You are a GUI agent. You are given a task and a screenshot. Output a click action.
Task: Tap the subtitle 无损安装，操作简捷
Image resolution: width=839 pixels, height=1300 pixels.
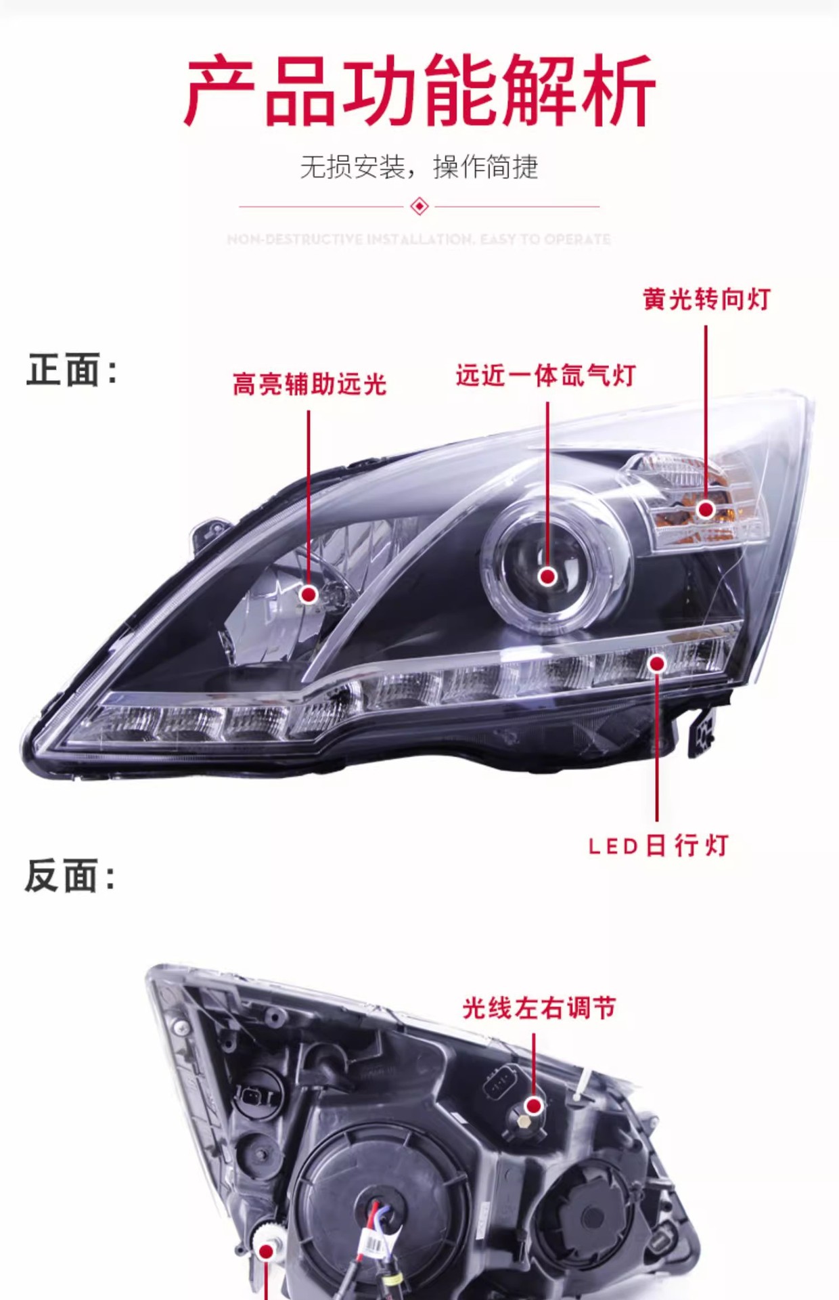[x=419, y=167]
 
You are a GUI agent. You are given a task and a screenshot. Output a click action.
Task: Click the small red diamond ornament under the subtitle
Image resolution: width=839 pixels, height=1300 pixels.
[x=419, y=206]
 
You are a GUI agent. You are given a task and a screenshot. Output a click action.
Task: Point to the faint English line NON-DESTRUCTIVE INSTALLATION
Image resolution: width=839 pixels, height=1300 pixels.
[x=419, y=239]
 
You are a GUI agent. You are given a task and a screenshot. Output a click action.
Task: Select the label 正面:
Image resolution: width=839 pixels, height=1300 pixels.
[x=72, y=370]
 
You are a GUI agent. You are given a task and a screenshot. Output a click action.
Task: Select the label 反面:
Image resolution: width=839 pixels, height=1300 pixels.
[x=70, y=875]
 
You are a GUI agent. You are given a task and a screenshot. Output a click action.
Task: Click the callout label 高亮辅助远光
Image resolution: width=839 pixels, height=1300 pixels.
[x=309, y=385]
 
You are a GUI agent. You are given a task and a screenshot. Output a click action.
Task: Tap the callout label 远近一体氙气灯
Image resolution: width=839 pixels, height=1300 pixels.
[x=545, y=375]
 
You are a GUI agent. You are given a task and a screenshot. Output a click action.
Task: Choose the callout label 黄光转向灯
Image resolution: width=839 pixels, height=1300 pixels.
[x=706, y=299]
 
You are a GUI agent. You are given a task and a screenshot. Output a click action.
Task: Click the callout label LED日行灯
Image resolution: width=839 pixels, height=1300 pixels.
[x=658, y=846]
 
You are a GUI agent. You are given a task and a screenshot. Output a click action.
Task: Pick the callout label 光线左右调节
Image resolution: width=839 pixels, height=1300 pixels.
[x=539, y=1008]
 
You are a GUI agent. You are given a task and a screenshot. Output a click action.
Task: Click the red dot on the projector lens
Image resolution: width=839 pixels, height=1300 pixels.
[x=547, y=576]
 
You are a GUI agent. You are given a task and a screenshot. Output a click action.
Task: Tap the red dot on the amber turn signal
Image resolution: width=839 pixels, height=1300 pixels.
[x=706, y=509]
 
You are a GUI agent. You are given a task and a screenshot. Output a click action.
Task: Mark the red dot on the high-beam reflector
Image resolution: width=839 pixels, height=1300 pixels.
[x=309, y=594]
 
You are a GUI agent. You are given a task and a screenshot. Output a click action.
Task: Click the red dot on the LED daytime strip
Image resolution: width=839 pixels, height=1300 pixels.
[x=656, y=664]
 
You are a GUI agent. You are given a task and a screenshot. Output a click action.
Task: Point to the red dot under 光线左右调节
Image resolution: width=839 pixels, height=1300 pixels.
[x=534, y=1106]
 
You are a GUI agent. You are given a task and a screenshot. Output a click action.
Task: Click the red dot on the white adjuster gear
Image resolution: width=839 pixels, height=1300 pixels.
[x=267, y=1251]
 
